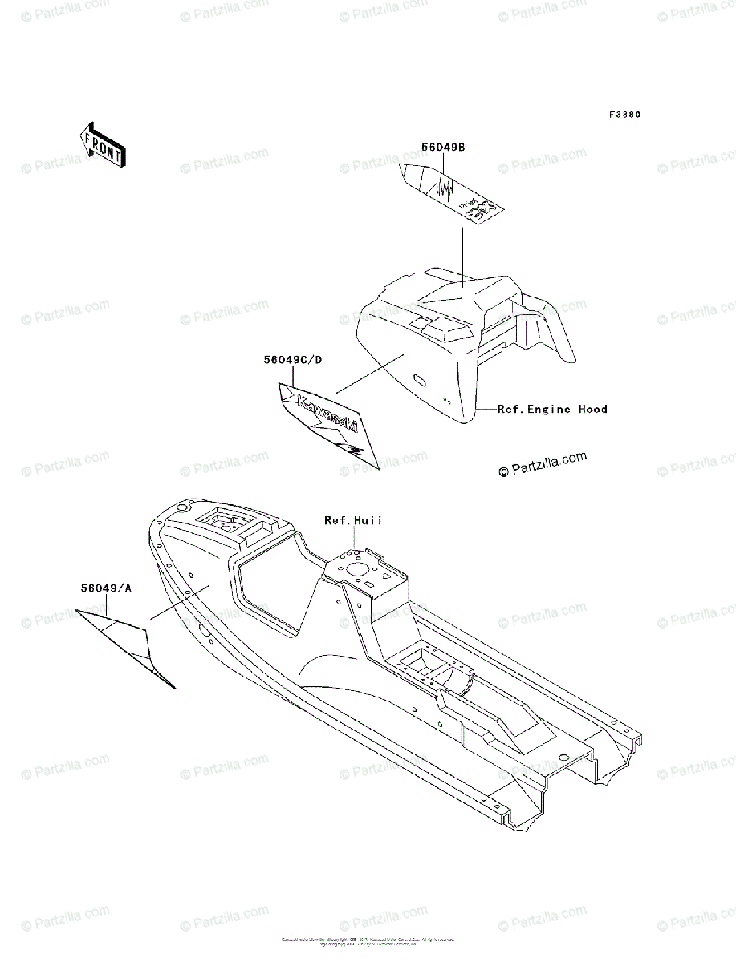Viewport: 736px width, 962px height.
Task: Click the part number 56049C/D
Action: (293, 360)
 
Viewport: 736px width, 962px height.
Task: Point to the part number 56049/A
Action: (106, 588)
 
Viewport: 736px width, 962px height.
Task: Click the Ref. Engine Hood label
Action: (552, 409)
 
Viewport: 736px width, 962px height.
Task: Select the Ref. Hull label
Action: (353, 521)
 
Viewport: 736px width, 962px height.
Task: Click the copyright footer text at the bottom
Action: (368, 941)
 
